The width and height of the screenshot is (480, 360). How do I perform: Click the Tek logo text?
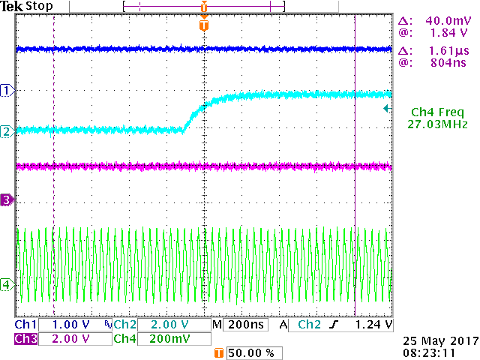click(11, 7)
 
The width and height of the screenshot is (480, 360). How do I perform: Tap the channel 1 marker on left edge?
click(7, 90)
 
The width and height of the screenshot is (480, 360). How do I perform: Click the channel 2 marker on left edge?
click(7, 131)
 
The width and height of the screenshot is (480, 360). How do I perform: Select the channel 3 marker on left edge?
click(7, 199)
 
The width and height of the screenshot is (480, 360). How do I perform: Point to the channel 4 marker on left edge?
click(7, 284)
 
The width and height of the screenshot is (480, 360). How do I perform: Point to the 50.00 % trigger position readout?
click(252, 352)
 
